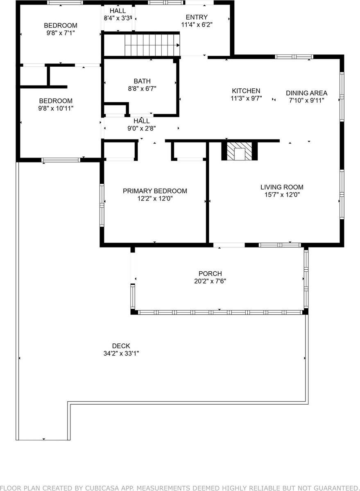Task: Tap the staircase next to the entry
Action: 152,45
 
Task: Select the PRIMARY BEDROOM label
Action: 155,191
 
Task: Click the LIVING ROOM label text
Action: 282,187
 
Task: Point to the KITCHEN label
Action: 246,91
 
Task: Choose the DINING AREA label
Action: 306,93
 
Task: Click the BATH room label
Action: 142,81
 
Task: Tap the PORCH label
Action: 210,274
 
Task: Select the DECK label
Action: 121,346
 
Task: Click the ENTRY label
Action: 197,17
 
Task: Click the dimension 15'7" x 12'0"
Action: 282,195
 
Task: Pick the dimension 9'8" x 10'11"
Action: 56,108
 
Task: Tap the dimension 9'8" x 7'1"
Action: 61,33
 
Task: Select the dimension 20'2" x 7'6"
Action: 210,281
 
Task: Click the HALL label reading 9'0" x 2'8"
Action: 141,128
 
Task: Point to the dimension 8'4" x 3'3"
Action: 118,18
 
